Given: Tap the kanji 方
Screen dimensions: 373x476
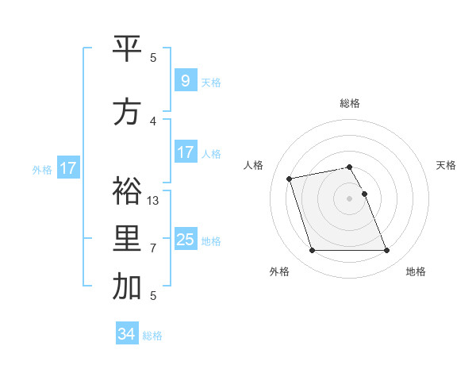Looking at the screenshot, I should [x=127, y=112].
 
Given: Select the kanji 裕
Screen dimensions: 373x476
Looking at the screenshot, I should [x=127, y=190].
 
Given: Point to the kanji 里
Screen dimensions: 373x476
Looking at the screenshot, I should [x=127, y=238].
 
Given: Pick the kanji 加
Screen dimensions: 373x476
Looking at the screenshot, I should [x=127, y=287].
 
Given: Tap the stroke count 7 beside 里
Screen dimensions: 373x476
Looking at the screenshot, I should [x=153, y=248].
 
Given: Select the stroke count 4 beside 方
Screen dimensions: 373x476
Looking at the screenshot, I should [x=153, y=121].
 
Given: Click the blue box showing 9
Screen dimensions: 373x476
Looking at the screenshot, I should [x=185, y=80].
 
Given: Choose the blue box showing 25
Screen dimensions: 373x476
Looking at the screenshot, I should [x=185, y=239].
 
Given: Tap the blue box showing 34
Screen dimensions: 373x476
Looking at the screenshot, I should [x=127, y=334].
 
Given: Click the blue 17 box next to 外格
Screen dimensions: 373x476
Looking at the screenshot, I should [x=67, y=168].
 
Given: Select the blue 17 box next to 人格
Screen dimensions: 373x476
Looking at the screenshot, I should [x=185, y=152].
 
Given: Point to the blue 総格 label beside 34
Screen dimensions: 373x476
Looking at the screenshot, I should [x=153, y=336].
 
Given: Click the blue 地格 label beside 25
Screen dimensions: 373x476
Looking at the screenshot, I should [x=211, y=241].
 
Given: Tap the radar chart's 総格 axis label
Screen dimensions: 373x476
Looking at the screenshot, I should [x=350, y=103].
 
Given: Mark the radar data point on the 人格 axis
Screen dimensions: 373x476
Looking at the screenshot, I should [x=290, y=178].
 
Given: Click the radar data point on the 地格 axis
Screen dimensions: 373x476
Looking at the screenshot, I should [x=386, y=251].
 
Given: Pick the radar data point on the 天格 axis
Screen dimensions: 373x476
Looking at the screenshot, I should [x=365, y=194].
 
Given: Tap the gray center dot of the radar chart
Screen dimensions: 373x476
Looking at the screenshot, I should [x=350, y=198].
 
